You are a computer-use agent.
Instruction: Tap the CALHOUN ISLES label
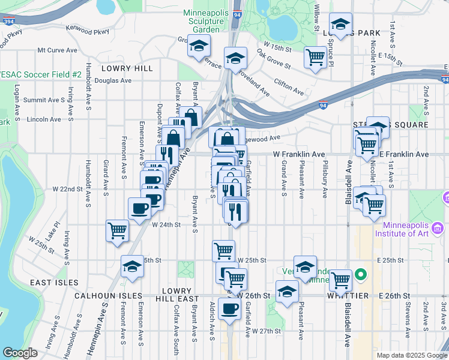click(x=109, y=296)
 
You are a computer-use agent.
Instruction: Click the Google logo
click(x=20, y=352)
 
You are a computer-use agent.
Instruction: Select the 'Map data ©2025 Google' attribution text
click(x=411, y=355)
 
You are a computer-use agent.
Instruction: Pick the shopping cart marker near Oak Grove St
click(x=315, y=58)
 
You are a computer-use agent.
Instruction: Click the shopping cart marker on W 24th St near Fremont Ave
click(x=117, y=230)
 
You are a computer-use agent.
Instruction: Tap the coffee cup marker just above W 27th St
click(x=229, y=308)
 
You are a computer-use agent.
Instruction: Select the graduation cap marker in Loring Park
click(x=341, y=25)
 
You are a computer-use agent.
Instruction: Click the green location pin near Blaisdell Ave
click(x=360, y=275)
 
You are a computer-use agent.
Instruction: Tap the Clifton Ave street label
click(x=289, y=86)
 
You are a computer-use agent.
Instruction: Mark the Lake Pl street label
click(x=56, y=230)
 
